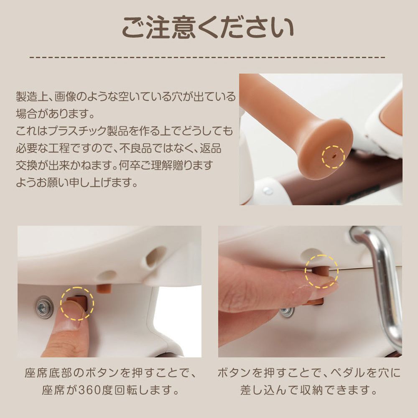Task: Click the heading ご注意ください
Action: (x=208, y=28)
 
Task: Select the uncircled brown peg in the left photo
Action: (x=104, y=288)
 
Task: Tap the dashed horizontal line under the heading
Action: (x=208, y=57)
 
